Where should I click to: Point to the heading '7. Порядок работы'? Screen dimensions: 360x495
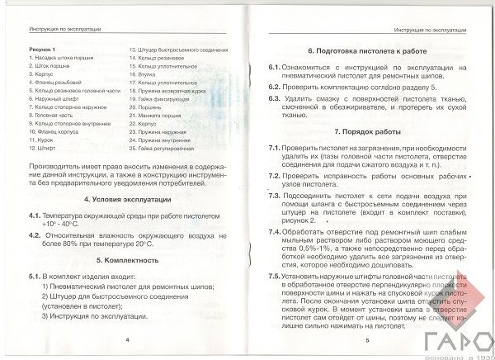[361, 132]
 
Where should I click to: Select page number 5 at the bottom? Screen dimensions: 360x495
[363, 339]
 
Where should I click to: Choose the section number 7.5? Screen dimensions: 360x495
[275, 277]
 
